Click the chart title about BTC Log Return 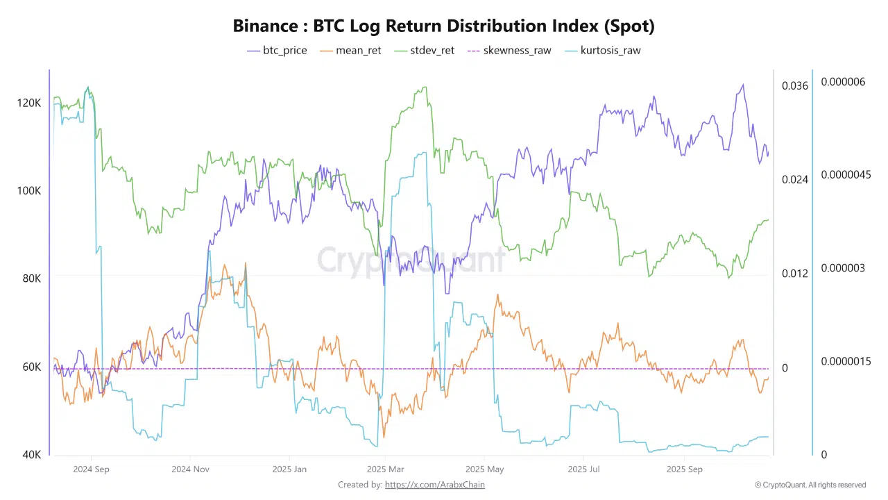click(443, 26)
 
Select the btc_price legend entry click(277, 50)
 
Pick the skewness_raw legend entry click(509, 50)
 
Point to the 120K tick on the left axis click(28, 103)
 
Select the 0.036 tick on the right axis click(795, 85)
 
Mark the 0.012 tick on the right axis click(795, 273)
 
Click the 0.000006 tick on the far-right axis click(843, 82)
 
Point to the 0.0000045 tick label click(846, 174)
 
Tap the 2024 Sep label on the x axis click(92, 469)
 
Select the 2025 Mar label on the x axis click(386, 469)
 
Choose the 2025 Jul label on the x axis click(583, 469)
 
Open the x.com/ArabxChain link click(435, 485)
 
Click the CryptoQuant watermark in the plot click(411, 259)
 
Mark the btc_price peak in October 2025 click(743, 85)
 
